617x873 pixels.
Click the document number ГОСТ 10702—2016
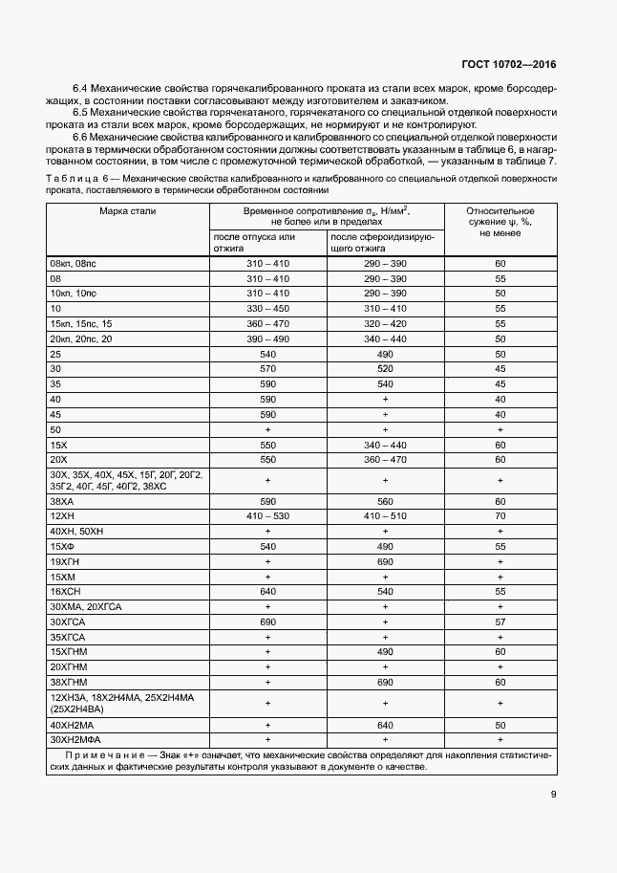pyautogui.click(x=509, y=64)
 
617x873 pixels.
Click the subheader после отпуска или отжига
pyautogui.click(x=254, y=242)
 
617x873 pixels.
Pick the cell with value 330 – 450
pyautogui.click(x=267, y=309)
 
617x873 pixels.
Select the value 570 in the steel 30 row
pyautogui.click(x=267, y=369)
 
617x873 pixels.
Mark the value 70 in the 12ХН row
pyautogui.click(x=500, y=516)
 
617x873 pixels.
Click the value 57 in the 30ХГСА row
pyautogui.click(x=500, y=622)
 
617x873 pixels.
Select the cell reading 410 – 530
pyautogui.click(x=267, y=516)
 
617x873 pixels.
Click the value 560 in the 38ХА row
pyautogui.click(x=385, y=501)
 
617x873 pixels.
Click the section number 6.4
pyautogui.click(x=80, y=88)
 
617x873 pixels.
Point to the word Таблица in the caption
pyautogui.click(x=70, y=178)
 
